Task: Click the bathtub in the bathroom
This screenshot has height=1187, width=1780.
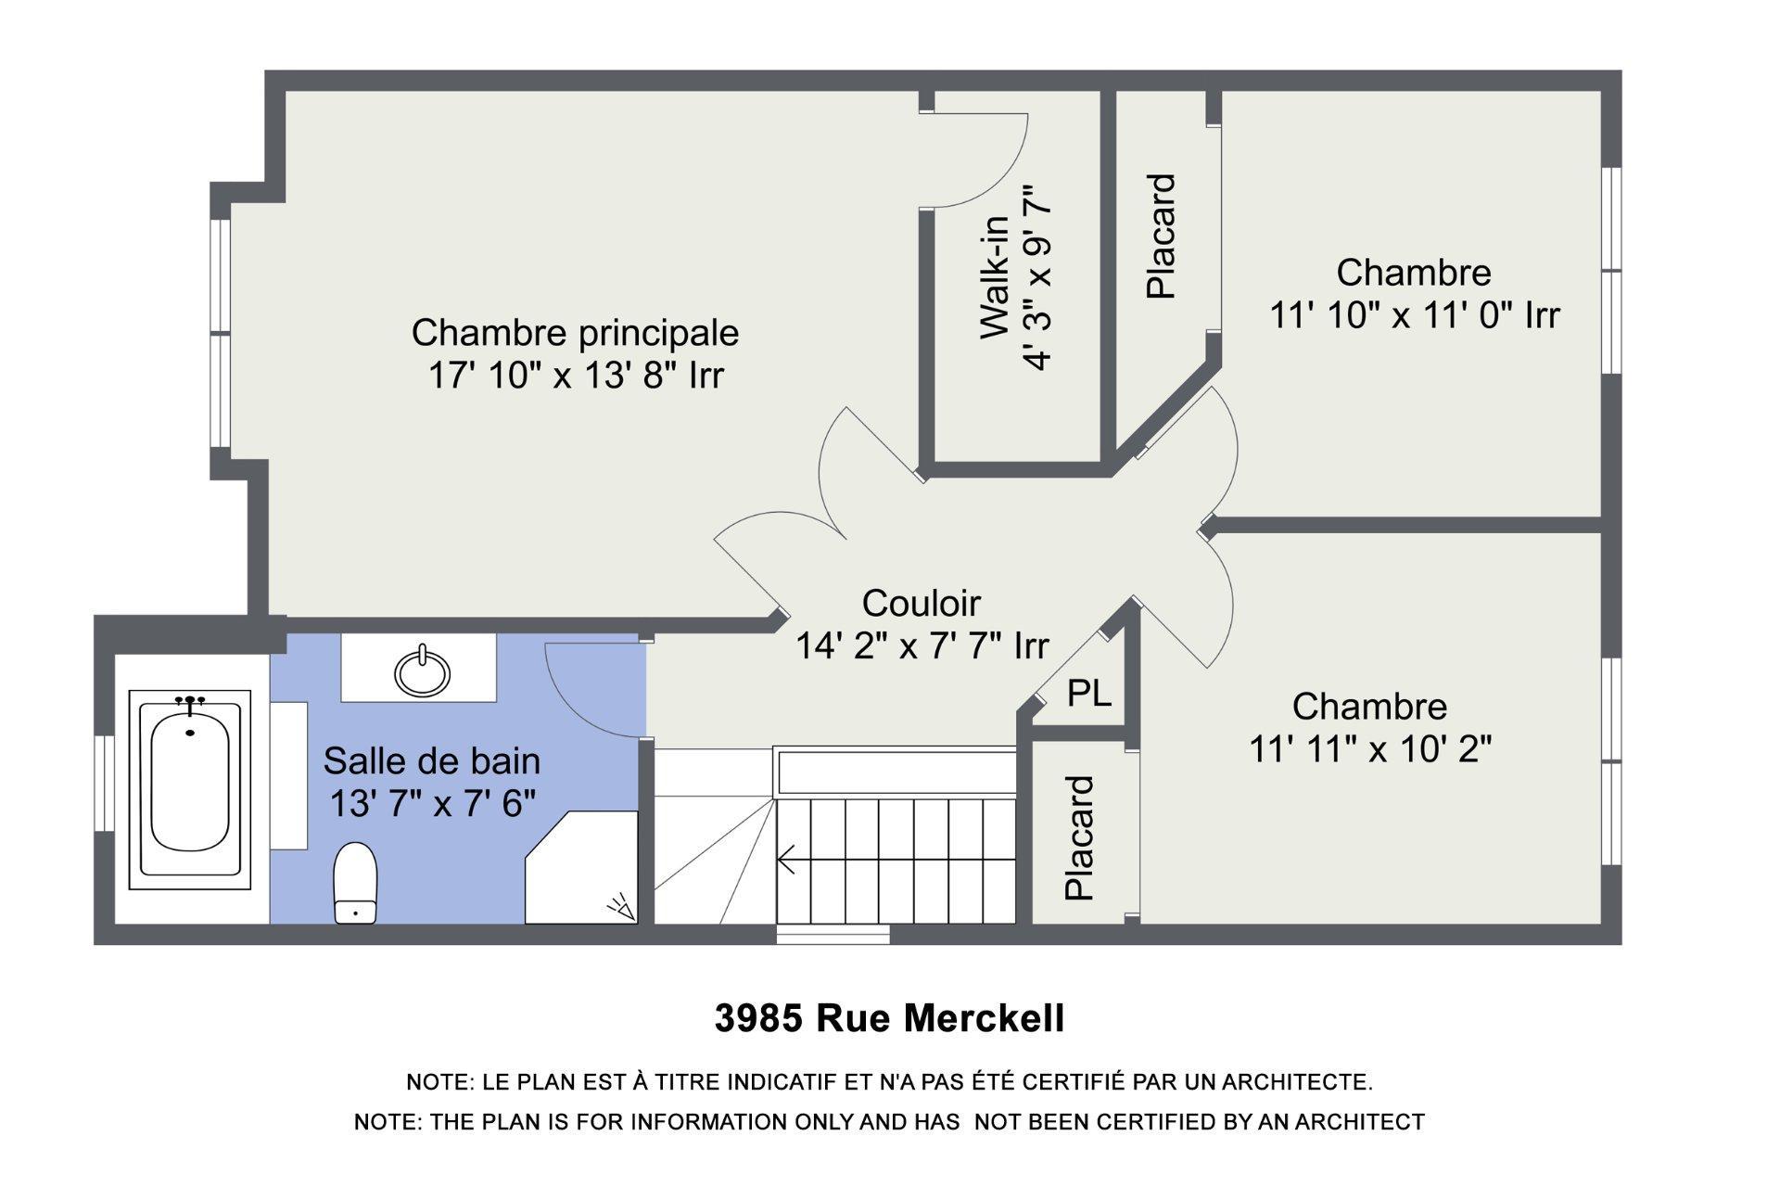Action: click(190, 789)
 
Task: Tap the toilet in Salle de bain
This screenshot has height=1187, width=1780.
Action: click(355, 883)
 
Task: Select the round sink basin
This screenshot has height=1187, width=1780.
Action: click(423, 670)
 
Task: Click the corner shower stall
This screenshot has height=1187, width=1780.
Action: click(582, 868)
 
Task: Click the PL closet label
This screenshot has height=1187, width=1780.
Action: click(1089, 693)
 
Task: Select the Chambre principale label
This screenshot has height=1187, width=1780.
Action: click(575, 332)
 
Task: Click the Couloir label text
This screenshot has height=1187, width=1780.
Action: click(921, 603)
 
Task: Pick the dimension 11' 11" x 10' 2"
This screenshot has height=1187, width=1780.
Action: click(1370, 748)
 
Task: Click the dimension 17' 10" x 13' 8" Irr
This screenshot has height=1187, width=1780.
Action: click(575, 376)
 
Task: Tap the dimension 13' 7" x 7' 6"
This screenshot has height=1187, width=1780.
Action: click(433, 803)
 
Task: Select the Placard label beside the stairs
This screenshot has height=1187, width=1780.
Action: click(1080, 838)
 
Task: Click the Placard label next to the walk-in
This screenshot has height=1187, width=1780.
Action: click(1161, 236)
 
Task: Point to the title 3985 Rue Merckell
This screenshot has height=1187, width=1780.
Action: click(889, 1018)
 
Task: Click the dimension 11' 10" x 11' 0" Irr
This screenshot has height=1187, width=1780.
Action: click(1414, 315)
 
